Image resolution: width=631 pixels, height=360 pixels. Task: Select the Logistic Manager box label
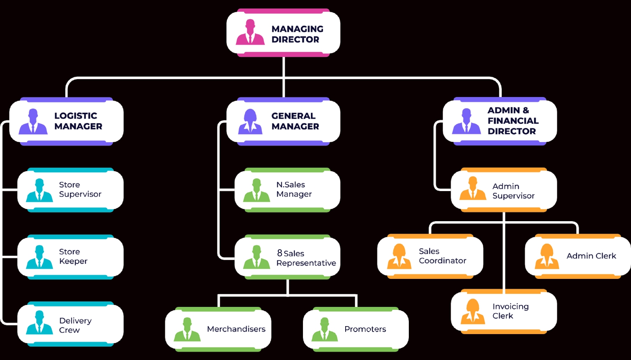(78, 121)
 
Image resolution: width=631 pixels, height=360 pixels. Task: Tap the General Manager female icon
(250, 122)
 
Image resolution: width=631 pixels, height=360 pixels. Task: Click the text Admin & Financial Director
(513, 121)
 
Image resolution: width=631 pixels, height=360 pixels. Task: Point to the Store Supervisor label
(80, 189)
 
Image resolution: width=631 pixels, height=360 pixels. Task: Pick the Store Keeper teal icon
(39, 257)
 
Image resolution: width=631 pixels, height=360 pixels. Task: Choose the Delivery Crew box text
(75, 325)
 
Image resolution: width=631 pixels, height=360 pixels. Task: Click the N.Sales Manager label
(294, 189)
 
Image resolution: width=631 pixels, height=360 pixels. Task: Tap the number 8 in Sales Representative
(280, 253)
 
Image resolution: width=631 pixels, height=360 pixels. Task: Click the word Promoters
(365, 329)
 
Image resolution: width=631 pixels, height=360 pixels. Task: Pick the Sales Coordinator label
(442, 256)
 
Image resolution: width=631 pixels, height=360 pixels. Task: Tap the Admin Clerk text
(591, 256)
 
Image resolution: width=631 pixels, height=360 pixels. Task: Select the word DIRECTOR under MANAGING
(295, 40)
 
